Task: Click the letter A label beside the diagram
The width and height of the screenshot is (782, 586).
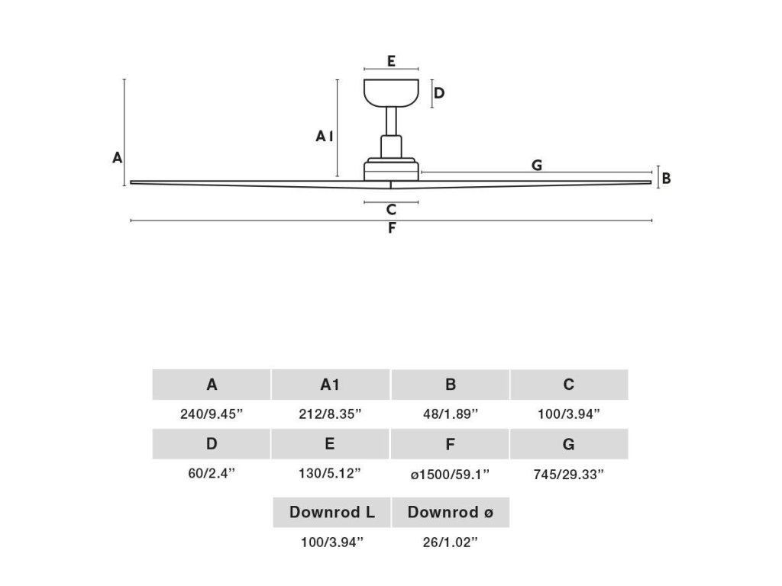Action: [x=117, y=158]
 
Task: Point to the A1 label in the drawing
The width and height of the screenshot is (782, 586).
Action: [x=325, y=137]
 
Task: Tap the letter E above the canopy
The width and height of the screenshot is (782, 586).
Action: [x=391, y=61]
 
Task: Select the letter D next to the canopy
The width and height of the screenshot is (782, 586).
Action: [x=439, y=94]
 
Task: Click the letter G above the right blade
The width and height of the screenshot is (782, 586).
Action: [x=537, y=165]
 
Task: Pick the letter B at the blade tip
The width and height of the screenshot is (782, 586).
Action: [x=666, y=179]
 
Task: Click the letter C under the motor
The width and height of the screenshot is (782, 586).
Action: [x=391, y=210]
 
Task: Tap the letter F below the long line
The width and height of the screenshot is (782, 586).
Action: [x=391, y=228]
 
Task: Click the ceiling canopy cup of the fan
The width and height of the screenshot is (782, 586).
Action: [x=391, y=92]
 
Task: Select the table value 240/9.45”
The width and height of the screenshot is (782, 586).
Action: [x=212, y=414]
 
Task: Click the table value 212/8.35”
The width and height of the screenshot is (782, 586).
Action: [x=330, y=414]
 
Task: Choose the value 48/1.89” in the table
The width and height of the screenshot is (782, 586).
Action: [x=450, y=414]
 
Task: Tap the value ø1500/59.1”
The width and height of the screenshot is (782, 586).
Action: [x=450, y=474]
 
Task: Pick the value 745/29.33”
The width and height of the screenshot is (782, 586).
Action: [x=569, y=474]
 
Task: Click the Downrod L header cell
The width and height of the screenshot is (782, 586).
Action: [x=331, y=512]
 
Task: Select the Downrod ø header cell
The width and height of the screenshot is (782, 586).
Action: [x=450, y=512]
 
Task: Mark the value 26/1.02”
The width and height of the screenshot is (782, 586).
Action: [x=450, y=543]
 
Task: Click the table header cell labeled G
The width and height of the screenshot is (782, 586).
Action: [x=569, y=444]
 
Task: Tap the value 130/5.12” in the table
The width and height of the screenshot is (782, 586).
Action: [x=330, y=474]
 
